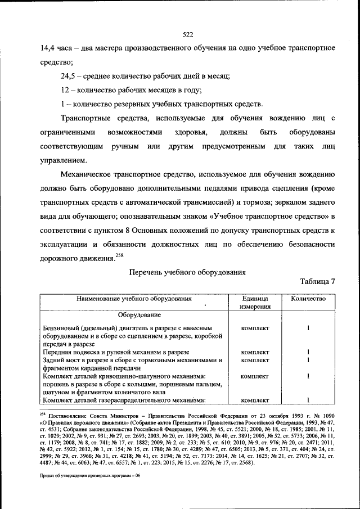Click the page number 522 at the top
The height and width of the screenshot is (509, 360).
click(x=188, y=35)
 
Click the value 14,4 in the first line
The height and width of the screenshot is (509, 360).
click(x=49, y=48)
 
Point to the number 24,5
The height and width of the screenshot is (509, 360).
click(x=70, y=75)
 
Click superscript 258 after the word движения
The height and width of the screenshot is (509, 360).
click(x=119, y=256)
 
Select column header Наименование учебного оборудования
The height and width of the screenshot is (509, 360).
click(x=134, y=299)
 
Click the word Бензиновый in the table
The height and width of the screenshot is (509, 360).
click(x=63, y=328)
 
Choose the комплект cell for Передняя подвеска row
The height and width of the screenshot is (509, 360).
click(x=255, y=352)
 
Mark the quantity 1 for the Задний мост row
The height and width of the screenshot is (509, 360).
click(x=308, y=360)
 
